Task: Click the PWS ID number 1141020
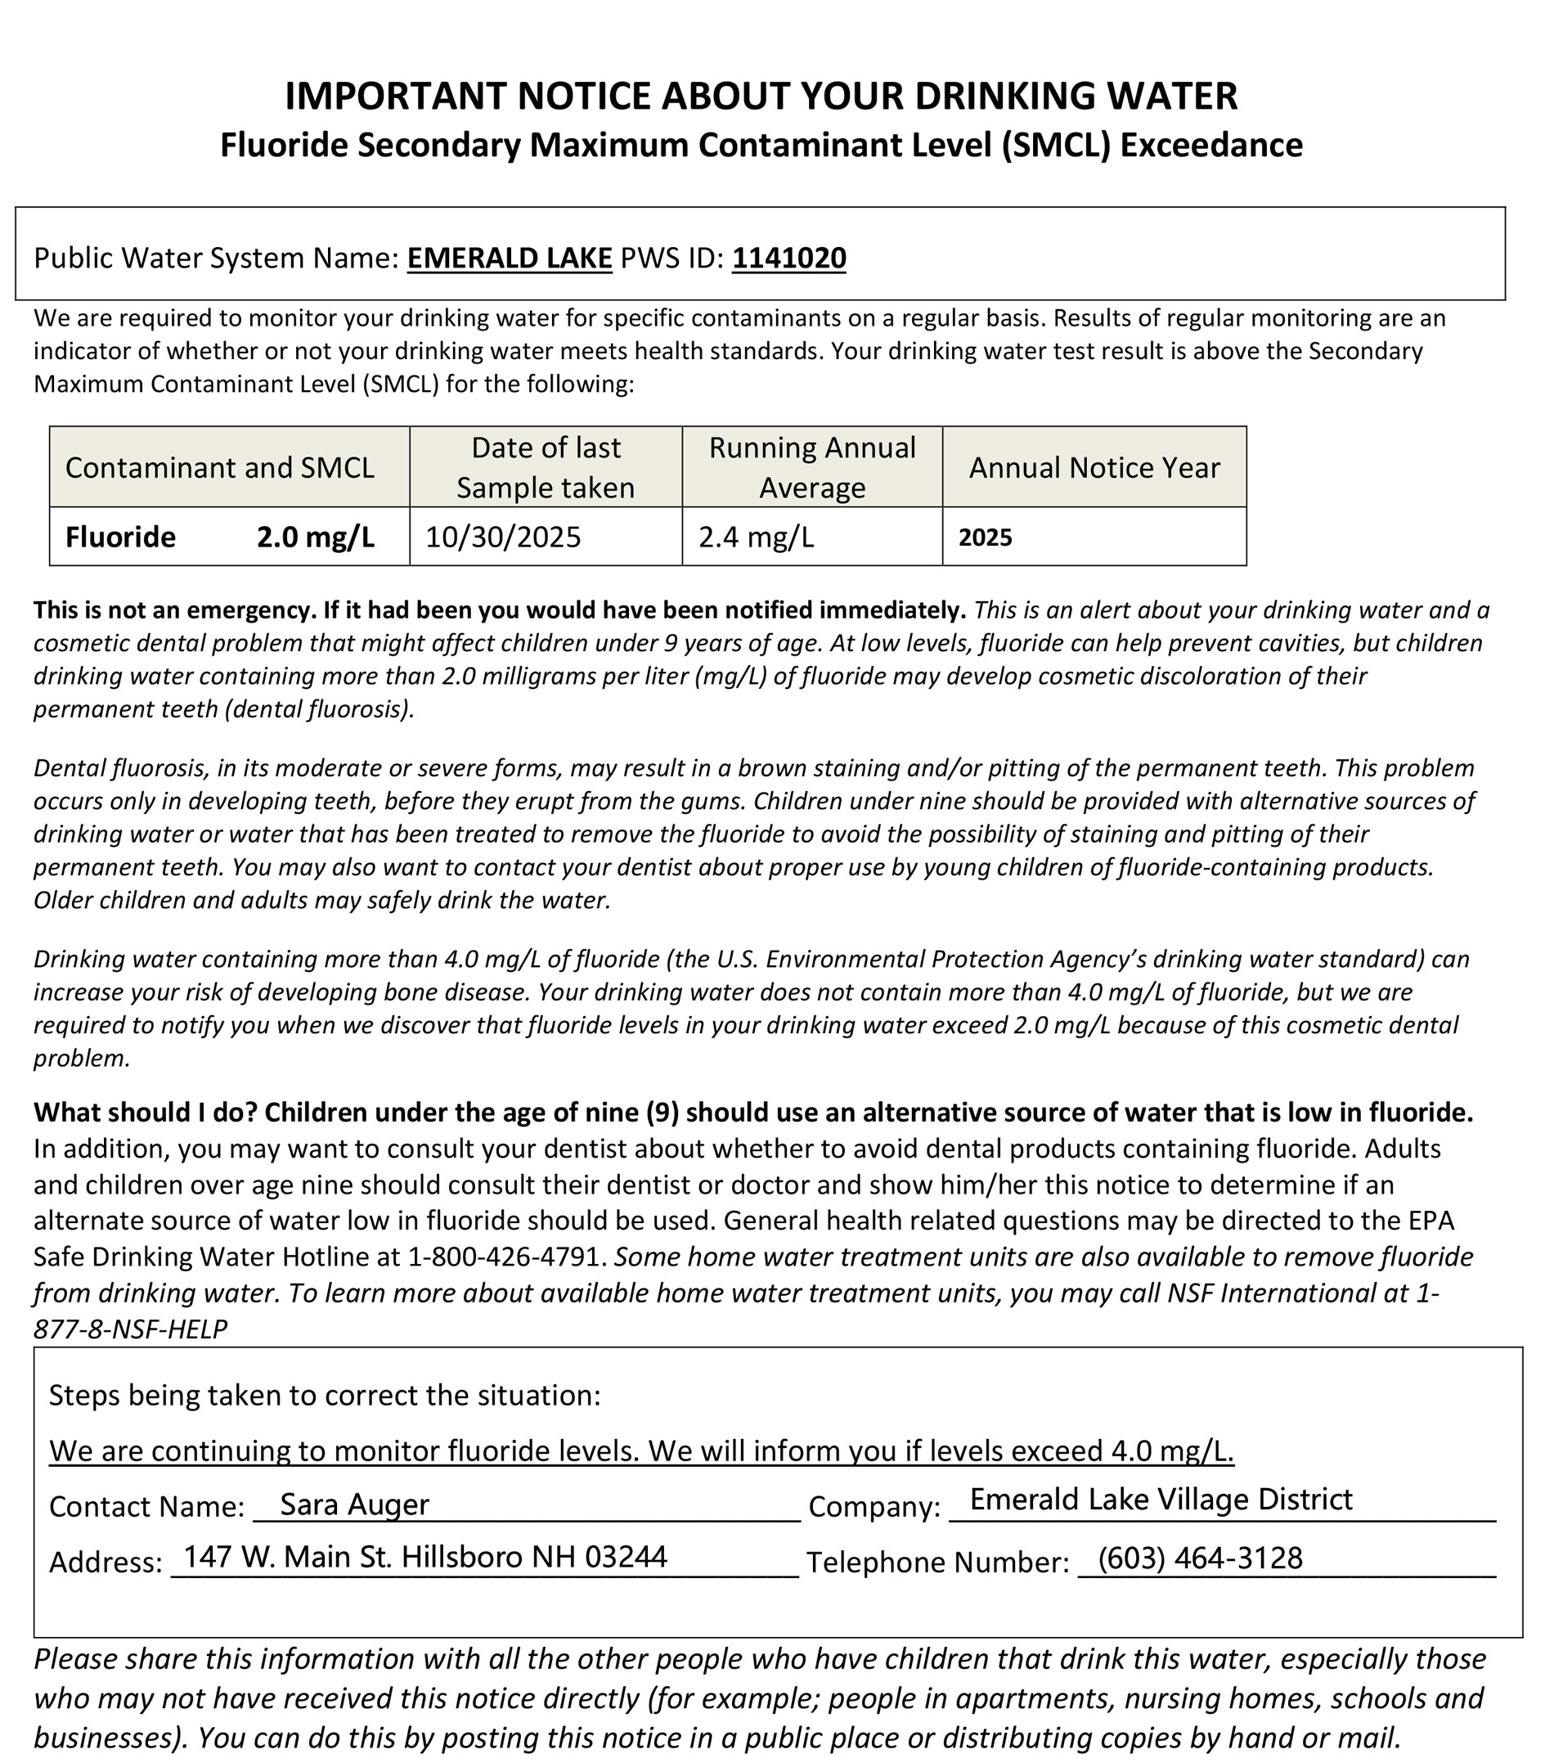point(788,258)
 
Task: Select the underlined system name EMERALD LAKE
point(509,258)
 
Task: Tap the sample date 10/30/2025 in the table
point(503,537)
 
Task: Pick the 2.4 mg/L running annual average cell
point(756,537)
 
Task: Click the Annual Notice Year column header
point(1094,467)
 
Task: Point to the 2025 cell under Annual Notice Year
point(985,538)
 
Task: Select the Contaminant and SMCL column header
point(220,467)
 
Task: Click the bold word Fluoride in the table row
point(120,537)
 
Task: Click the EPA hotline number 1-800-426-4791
point(503,1257)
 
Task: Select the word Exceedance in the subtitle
point(1210,145)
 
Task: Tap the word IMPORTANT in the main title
point(396,96)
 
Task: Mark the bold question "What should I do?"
point(146,1113)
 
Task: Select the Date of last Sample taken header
point(545,467)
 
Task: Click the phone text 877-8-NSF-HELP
point(130,1329)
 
